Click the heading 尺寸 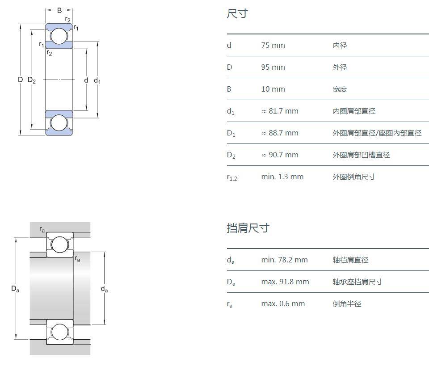pyautogui.click(x=237, y=14)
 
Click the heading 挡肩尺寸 pyautogui.click(x=248, y=228)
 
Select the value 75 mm pyautogui.click(x=273, y=45)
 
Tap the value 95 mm pyautogui.click(x=273, y=67)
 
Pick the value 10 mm pyautogui.click(x=273, y=89)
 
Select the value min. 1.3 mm pyautogui.click(x=282, y=177)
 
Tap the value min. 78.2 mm pyautogui.click(x=284, y=260)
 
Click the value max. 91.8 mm pyautogui.click(x=285, y=282)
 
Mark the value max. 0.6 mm pyautogui.click(x=283, y=304)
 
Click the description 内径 pyautogui.click(x=340, y=45)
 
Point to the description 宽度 pyautogui.click(x=340, y=89)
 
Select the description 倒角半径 pyautogui.click(x=347, y=304)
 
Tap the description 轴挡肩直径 pyautogui.click(x=350, y=260)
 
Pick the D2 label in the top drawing pyautogui.click(x=32, y=80)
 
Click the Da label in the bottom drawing pyautogui.click(x=15, y=289)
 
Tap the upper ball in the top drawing pyautogui.click(x=58, y=36)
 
